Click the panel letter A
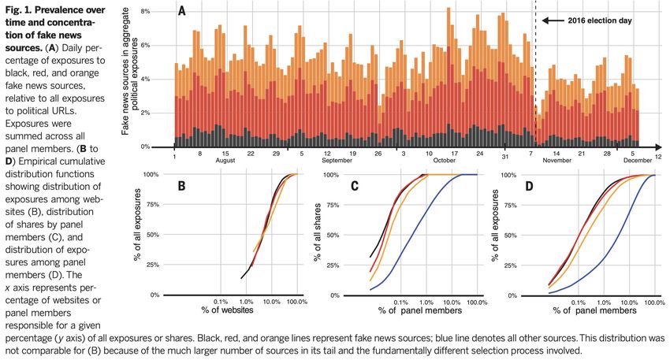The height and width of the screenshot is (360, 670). pos(183,12)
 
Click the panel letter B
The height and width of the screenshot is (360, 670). pos(181,187)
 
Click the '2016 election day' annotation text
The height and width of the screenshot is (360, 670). pos(600,20)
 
